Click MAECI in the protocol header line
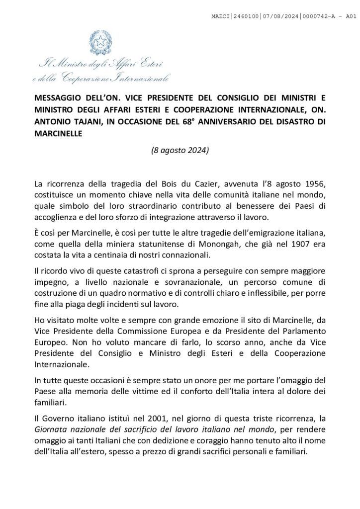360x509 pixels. point(221,16)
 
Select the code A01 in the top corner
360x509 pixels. point(351,16)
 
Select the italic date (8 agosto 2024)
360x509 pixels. point(180,151)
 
